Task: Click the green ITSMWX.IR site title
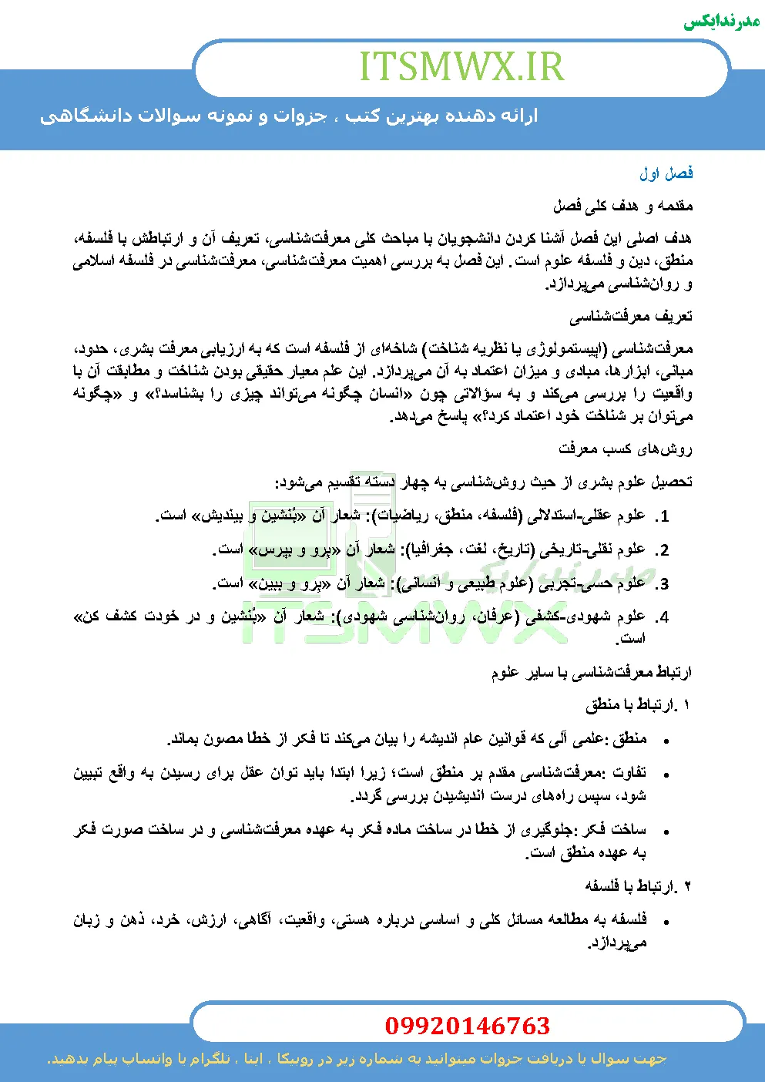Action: point(461,67)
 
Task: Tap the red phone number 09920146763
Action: point(467,1026)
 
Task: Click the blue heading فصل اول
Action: point(666,173)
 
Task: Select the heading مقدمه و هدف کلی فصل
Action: point(623,206)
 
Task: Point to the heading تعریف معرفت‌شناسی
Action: point(631,316)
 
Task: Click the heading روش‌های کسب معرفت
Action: point(626,449)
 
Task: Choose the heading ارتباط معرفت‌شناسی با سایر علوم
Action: point(592,673)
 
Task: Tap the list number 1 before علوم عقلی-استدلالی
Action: point(664,517)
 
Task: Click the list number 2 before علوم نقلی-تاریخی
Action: point(664,551)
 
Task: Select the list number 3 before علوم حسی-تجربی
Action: point(664,584)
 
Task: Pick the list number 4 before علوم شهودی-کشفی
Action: point(664,618)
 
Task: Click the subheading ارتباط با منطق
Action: point(638,704)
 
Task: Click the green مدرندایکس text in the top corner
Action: point(722,21)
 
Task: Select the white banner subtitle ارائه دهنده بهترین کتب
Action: point(289,116)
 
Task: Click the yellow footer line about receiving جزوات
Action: point(357,1059)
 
